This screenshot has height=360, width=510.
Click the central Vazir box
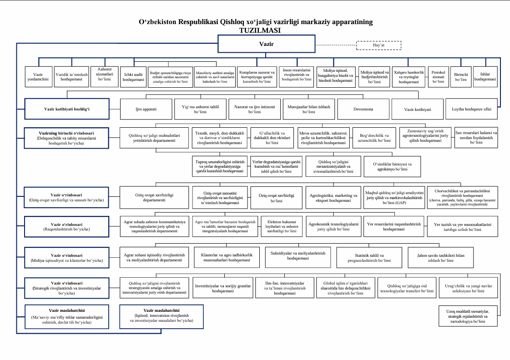(x=266, y=45)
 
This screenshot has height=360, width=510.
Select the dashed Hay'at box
(x=379, y=45)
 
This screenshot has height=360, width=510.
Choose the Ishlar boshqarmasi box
(x=485, y=76)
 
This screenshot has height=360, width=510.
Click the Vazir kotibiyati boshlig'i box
(x=67, y=109)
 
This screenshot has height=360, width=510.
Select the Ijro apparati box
(x=146, y=110)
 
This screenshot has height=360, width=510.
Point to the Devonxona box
(x=363, y=110)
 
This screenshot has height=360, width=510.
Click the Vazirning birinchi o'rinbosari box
(x=67, y=138)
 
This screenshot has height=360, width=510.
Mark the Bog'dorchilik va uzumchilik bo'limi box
(x=375, y=138)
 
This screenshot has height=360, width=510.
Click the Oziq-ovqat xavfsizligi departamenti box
(x=154, y=197)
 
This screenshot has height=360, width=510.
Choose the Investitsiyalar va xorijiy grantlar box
(x=223, y=288)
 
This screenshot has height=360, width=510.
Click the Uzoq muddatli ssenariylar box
(x=469, y=316)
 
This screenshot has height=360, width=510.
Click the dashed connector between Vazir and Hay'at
(x=335, y=45)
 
